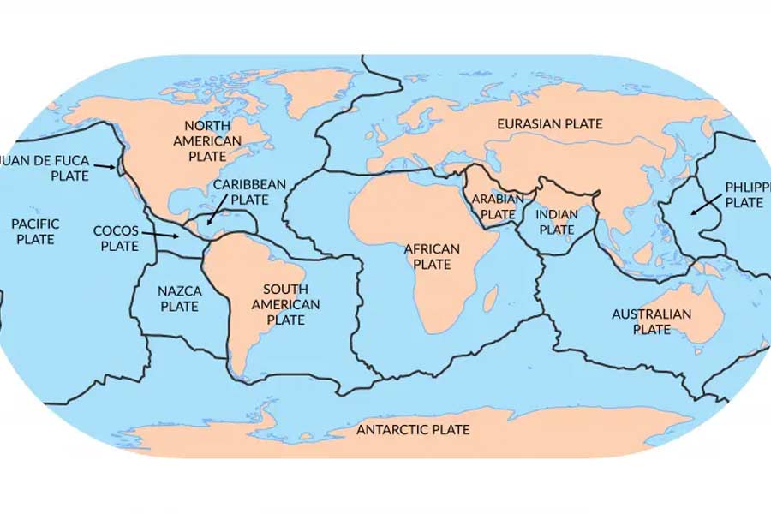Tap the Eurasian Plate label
[550, 124]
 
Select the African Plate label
[432, 256]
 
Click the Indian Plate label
[557, 222]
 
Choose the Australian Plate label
[651, 321]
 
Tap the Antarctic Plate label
[413, 429]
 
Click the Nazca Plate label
[179, 298]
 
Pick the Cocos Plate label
[116, 238]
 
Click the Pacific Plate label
[35, 231]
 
